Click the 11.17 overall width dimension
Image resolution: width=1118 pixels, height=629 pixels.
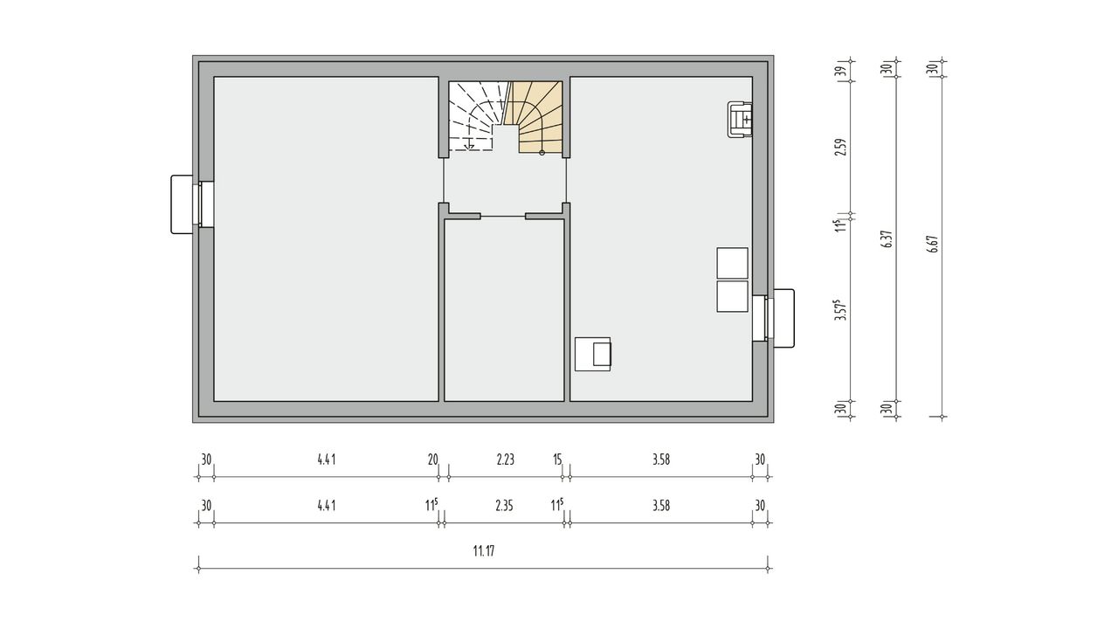(484, 551)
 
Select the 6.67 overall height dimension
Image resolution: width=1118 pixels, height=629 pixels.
(935, 244)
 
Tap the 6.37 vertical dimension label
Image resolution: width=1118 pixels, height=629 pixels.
(887, 239)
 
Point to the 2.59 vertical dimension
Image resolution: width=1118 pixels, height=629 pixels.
(842, 148)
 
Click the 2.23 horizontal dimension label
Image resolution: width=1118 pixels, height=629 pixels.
(506, 460)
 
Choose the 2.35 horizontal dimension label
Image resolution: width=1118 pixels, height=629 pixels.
(504, 506)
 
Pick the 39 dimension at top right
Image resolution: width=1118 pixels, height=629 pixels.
(842, 72)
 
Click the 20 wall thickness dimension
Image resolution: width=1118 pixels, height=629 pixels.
(432, 460)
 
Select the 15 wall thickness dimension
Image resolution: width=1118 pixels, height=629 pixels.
(557, 460)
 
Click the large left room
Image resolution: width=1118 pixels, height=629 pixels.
(326, 238)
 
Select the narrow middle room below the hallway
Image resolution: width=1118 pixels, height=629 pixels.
(504, 309)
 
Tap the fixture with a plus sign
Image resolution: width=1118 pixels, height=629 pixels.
(740, 120)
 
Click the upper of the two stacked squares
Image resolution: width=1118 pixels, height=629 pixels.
(732, 263)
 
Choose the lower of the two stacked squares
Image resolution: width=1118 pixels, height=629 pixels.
(732, 296)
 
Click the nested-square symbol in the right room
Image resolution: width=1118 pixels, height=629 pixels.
(593, 354)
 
